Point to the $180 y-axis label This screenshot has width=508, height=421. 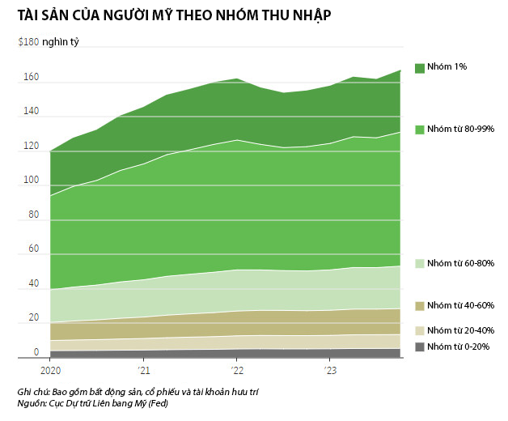tap(28, 42)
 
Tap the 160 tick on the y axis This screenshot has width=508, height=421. tap(32, 78)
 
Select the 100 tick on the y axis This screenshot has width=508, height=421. tap(32, 181)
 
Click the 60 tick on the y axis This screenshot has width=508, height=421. tap(33, 249)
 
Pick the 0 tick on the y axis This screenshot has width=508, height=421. tap(36, 352)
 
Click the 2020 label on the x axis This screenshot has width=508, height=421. tap(50, 371)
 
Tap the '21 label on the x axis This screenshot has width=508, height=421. tap(143, 371)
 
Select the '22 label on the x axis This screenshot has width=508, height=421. tap(236, 371)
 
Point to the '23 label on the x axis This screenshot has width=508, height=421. tap(329, 371)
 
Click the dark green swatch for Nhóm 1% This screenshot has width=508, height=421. tap(419, 67)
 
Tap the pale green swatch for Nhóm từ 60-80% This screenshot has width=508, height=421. tap(419, 263)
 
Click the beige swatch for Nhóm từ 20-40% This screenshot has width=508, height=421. tap(419, 330)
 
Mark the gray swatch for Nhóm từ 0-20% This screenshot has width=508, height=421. tap(419, 347)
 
